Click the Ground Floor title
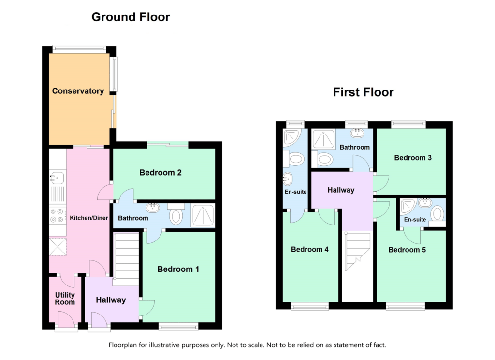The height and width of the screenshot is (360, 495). pos(131,17)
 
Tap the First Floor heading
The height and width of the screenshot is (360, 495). pos(363,92)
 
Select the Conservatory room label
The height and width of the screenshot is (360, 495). pos(78,91)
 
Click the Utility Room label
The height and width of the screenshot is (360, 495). pos(65,299)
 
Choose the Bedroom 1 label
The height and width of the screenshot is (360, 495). pos(178,269)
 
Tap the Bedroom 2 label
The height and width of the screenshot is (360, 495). pos(160,172)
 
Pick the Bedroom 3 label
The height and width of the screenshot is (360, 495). pos(412,158)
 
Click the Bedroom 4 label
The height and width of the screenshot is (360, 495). pos(309,250)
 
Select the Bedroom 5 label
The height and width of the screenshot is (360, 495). pos(410,250)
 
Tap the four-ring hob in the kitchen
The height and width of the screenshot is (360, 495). pos(57,215)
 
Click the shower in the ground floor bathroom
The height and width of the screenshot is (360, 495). pos(203,216)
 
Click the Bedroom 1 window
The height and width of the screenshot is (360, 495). pos(178,327)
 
